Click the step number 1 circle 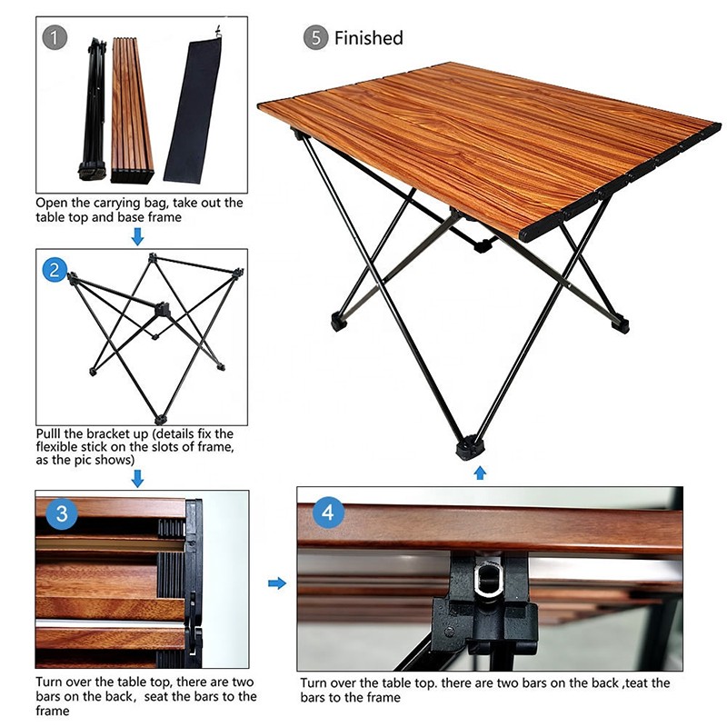pos(56,38)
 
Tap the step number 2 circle pos(56,269)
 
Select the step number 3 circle pos(61,513)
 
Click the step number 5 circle pos(315,38)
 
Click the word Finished pos(368,38)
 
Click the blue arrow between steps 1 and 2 pos(137,237)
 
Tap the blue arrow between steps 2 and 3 pos(137,478)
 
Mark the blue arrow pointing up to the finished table pos(480,473)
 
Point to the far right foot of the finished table pos(620,322)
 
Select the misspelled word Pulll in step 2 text pos(51,433)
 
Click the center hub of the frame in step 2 pos(163,310)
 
